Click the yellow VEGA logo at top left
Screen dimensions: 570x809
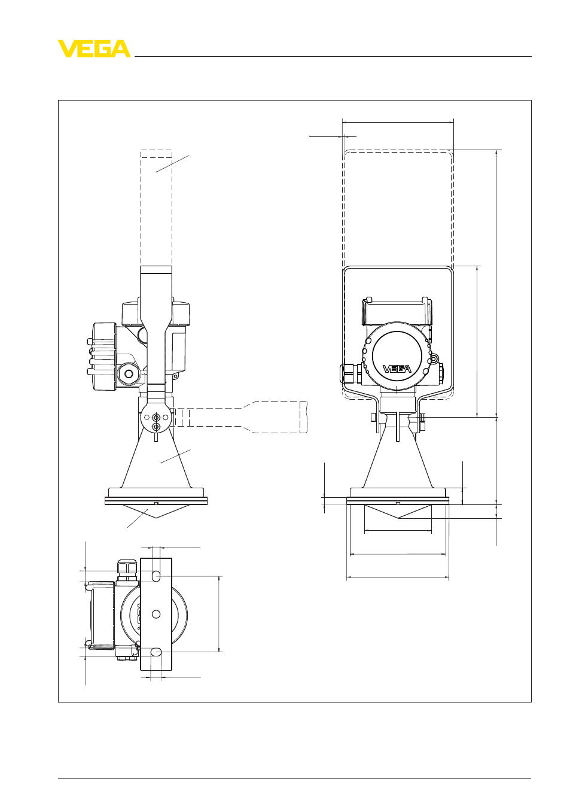point(95,48)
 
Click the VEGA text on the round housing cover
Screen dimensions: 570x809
point(397,369)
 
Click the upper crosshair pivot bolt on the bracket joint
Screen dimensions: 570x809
point(156,418)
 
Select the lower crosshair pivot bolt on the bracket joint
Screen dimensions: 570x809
point(156,427)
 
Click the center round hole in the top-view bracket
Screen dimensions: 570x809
point(156,613)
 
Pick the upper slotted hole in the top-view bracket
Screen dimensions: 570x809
point(156,576)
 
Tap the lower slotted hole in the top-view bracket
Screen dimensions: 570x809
point(156,652)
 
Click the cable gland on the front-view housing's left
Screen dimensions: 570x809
point(350,373)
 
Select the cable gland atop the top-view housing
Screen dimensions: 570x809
point(127,570)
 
